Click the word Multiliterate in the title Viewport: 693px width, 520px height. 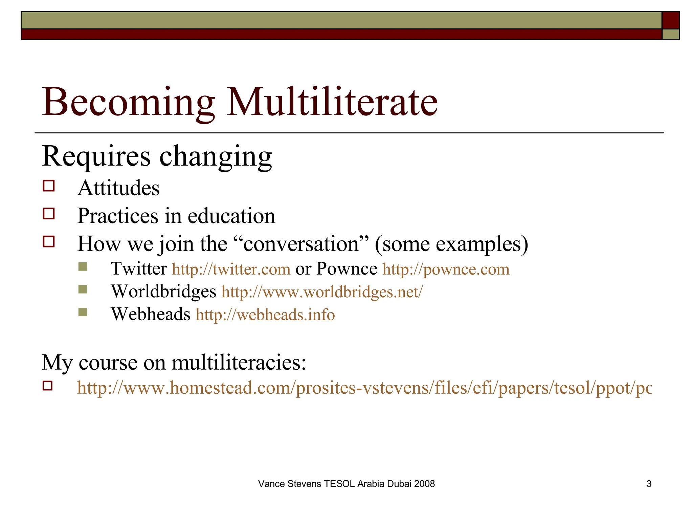point(332,102)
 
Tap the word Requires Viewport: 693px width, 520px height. point(96,156)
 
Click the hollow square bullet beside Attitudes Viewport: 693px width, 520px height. point(49,186)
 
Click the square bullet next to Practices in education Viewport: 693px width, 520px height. point(49,214)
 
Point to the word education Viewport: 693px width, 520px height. point(231,216)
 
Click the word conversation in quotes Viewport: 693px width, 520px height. point(301,244)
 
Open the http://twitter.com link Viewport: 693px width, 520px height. point(231,269)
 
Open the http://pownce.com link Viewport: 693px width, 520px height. point(446,269)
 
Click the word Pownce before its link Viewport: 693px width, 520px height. point(346,269)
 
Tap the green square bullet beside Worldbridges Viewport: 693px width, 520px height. point(83,289)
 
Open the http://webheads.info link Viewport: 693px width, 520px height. point(265,315)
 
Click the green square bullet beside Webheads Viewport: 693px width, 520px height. point(83,312)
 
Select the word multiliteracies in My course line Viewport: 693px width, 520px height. point(239,363)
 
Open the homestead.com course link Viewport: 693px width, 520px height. point(364,388)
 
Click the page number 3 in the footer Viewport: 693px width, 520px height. point(649,484)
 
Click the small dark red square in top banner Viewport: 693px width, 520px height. point(670,20)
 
